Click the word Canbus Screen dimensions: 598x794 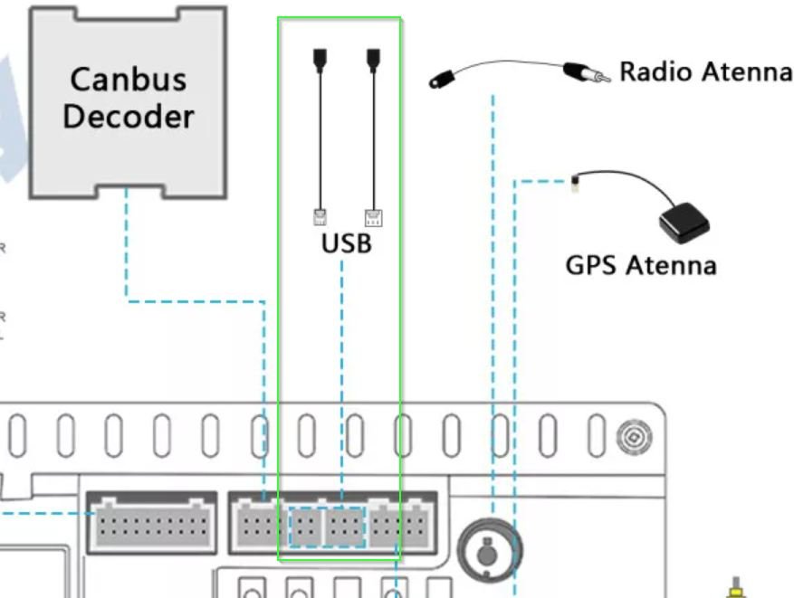pyautogui.click(x=128, y=79)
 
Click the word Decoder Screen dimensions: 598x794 pyautogui.click(x=128, y=117)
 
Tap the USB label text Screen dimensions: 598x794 pyautogui.click(x=346, y=243)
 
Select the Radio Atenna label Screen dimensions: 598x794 pyautogui.click(x=705, y=71)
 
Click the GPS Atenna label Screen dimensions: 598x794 pyautogui.click(x=640, y=265)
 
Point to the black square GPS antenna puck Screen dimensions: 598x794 pyautogui.click(x=683, y=223)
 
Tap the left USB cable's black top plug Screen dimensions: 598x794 pyautogui.click(x=319, y=59)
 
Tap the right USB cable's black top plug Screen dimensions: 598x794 pyautogui.click(x=372, y=59)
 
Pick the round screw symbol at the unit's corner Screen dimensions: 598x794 pyautogui.click(x=630, y=437)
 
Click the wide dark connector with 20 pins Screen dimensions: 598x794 pyautogui.click(x=151, y=522)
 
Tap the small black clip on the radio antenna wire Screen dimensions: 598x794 pyautogui.click(x=442, y=79)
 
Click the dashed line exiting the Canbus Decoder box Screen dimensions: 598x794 pyautogui.click(x=126, y=244)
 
